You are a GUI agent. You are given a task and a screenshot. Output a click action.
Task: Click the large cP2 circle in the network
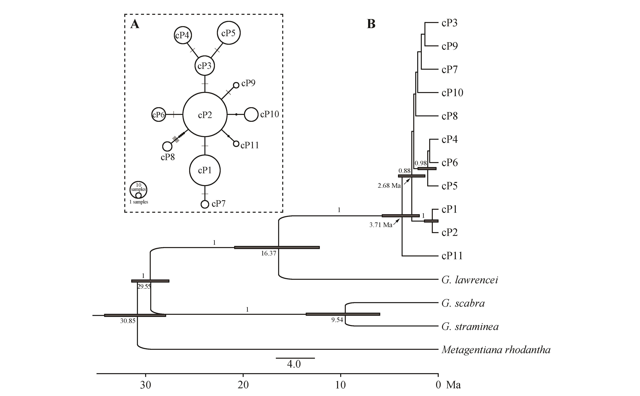(x=205, y=115)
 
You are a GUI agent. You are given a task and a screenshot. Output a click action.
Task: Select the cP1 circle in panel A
(x=205, y=170)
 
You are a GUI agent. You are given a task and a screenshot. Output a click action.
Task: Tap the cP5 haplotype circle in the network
(x=229, y=33)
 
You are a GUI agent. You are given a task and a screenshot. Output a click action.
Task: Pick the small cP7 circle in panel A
(x=205, y=204)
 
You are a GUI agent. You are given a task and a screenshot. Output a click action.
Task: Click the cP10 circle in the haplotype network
(x=251, y=114)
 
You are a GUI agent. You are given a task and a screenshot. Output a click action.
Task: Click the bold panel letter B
(x=371, y=24)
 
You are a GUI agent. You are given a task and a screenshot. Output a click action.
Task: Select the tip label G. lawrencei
(x=470, y=280)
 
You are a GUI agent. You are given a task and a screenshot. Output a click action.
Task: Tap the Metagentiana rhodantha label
(x=496, y=350)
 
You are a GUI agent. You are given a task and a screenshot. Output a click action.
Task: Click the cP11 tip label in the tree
(x=452, y=256)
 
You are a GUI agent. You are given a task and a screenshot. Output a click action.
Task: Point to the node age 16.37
(x=269, y=253)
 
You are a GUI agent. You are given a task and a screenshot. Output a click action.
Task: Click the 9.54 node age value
(x=337, y=320)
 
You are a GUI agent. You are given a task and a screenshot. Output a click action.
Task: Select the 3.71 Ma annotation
(x=381, y=225)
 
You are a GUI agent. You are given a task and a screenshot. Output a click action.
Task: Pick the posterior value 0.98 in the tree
(x=420, y=163)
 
